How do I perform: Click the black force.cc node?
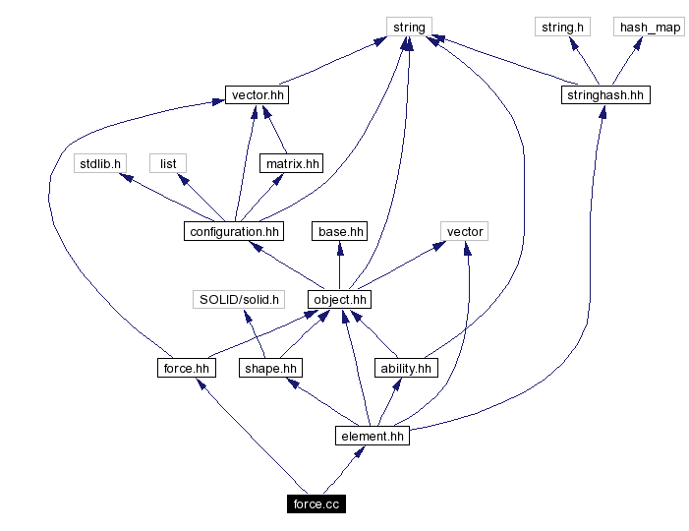pyautogui.click(x=316, y=504)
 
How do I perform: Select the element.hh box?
pyautogui.click(x=372, y=436)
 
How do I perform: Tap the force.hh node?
pyautogui.click(x=186, y=368)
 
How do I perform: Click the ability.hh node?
pyautogui.click(x=405, y=368)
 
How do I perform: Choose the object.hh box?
pyautogui.click(x=340, y=300)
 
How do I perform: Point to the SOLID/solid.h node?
pyautogui.click(x=239, y=299)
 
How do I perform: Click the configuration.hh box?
pyautogui.click(x=233, y=232)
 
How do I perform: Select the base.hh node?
pyautogui.click(x=340, y=232)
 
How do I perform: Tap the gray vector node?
pyautogui.click(x=465, y=232)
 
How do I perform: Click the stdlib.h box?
pyautogui.click(x=98, y=163)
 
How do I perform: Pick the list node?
pyautogui.click(x=168, y=163)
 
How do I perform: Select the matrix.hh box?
pyautogui.click(x=291, y=163)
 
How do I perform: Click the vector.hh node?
pyautogui.click(x=258, y=95)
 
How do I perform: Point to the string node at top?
pyautogui.click(x=409, y=28)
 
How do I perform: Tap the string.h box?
pyautogui.click(x=563, y=28)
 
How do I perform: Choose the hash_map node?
pyautogui.click(x=650, y=28)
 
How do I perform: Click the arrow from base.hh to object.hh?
pyautogui.click(x=340, y=265)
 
